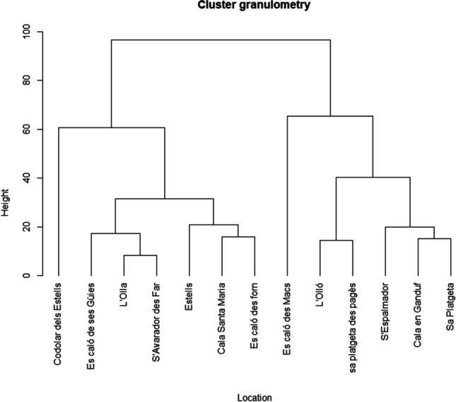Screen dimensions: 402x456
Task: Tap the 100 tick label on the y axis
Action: click(x=27, y=32)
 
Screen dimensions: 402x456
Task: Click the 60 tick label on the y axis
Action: click(x=27, y=130)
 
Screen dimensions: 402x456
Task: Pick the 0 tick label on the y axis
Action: click(x=27, y=275)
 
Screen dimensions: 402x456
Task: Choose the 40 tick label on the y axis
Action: click(x=27, y=178)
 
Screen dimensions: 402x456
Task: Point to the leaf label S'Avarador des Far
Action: click(x=156, y=322)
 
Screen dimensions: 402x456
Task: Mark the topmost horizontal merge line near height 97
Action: click(x=221, y=40)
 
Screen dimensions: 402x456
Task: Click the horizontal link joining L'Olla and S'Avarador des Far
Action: click(x=140, y=255)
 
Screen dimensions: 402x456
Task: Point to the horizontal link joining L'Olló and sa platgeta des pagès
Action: click(x=336, y=241)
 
